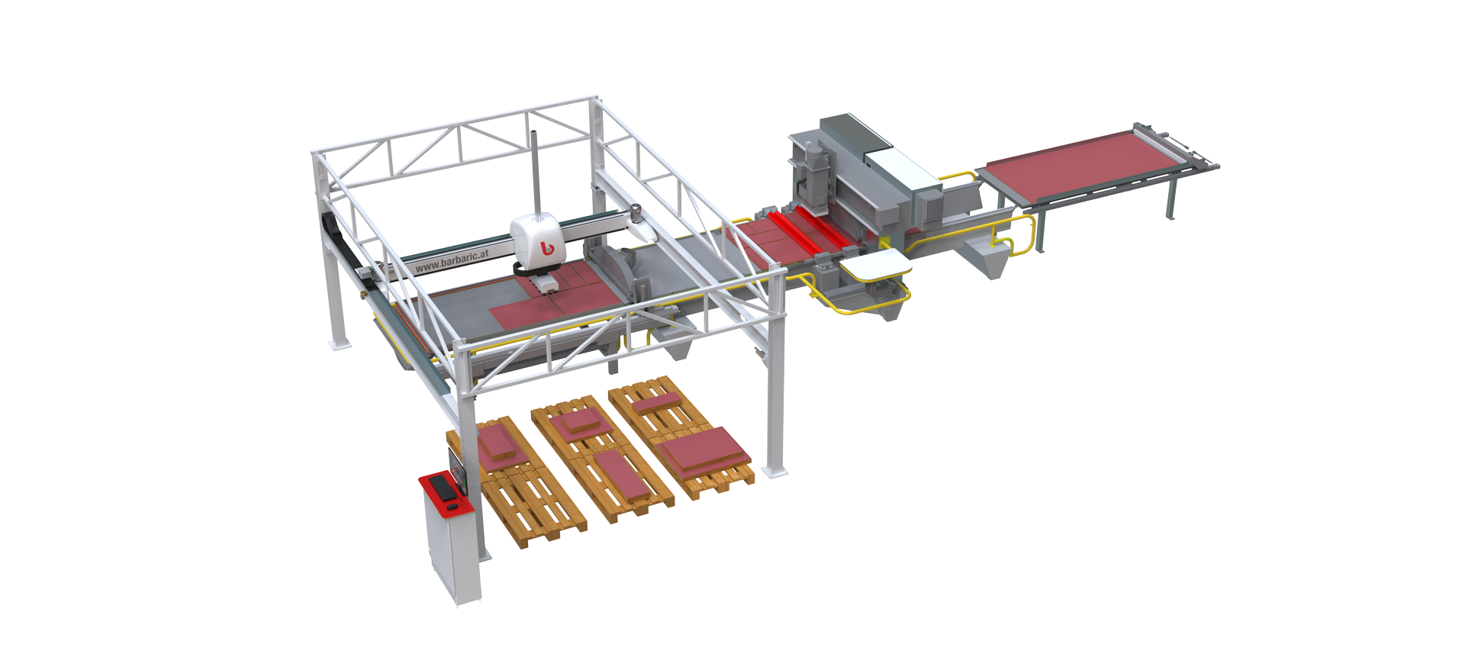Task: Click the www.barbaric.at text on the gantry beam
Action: [x=452, y=259]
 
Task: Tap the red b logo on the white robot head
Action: [x=546, y=247]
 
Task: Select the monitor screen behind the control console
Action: [x=457, y=467]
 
